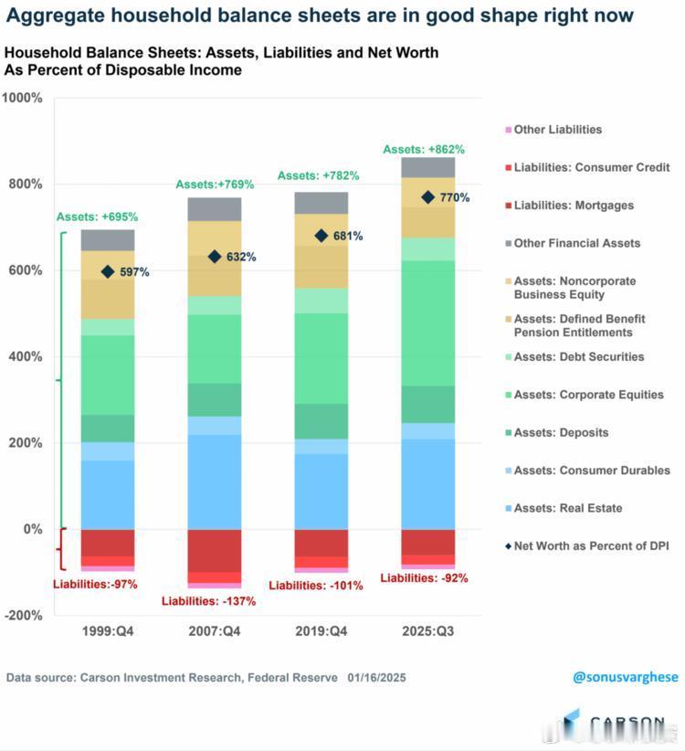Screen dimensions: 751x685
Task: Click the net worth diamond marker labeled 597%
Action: [108, 271]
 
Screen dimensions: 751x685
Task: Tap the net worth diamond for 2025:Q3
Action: [427, 197]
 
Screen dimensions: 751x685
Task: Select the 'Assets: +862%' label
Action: [424, 149]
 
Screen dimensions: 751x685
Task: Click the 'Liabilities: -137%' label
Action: [208, 601]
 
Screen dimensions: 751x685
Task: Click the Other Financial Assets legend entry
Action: [576, 243]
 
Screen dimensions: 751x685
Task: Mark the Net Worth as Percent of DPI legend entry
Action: [591, 545]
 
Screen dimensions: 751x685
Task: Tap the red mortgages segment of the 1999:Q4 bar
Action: [108, 543]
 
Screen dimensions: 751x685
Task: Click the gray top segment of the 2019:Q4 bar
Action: [321, 203]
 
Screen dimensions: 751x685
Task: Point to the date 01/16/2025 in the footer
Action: [376, 678]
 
